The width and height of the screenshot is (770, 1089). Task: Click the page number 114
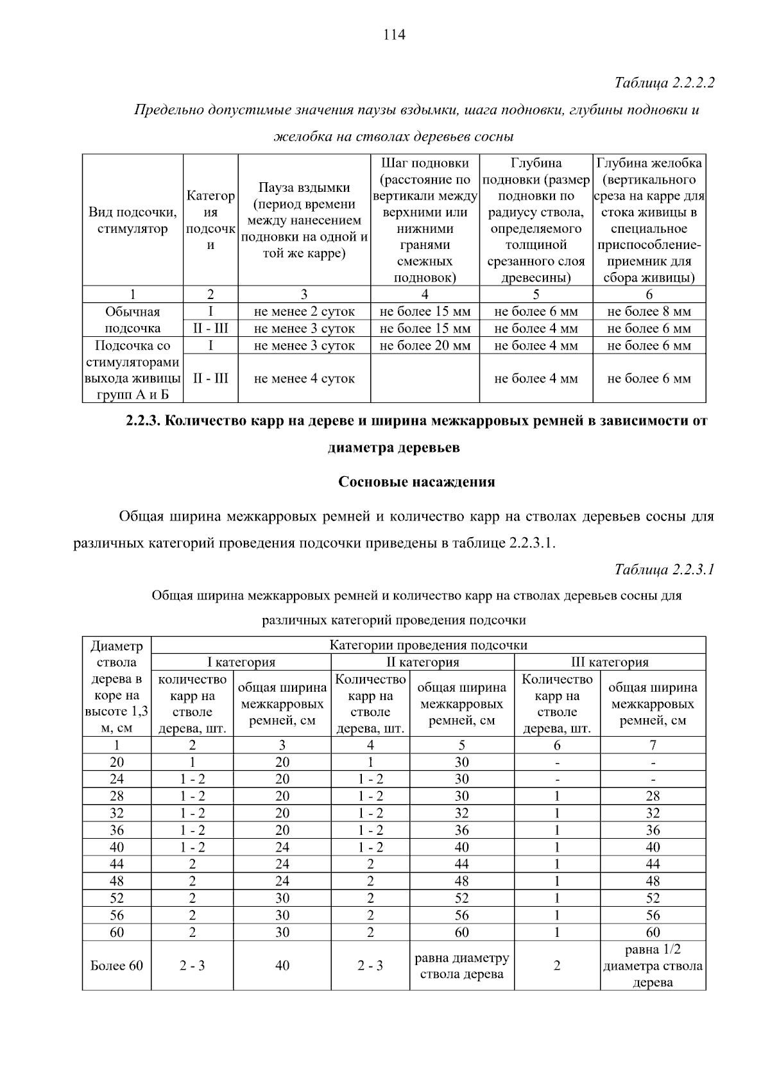pyautogui.click(x=394, y=35)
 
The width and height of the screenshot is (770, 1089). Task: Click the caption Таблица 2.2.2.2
pyautogui.click(x=664, y=83)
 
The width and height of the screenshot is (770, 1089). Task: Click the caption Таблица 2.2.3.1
pyautogui.click(x=664, y=569)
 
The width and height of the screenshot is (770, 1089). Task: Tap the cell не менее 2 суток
pyautogui.click(x=304, y=312)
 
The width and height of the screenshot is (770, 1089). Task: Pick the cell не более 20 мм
pyautogui.click(x=425, y=345)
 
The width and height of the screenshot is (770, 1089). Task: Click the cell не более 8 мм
pyautogui.click(x=649, y=312)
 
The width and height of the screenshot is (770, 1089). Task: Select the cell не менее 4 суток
pyautogui.click(x=304, y=379)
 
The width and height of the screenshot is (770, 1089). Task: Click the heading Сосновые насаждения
pyautogui.click(x=416, y=482)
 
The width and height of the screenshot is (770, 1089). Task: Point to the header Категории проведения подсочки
pyautogui.click(x=428, y=645)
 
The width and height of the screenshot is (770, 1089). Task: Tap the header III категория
pyautogui.click(x=610, y=662)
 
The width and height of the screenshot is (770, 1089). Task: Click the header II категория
pyautogui.click(x=422, y=662)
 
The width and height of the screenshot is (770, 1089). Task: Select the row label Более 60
pyautogui.click(x=117, y=966)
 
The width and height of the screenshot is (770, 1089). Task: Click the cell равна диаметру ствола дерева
pyautogui.click(x=461, y=966)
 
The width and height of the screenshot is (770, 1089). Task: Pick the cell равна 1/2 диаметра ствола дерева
pyautogui.click(x=653, y=966)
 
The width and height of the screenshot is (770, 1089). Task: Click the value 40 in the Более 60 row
pyautogui.click(x=282, y=966)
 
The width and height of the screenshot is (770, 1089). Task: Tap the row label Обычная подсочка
pyautogui.click(x=133, y=320)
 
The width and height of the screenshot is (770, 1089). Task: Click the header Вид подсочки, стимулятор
pyautogui.click(x=133, y=220)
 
